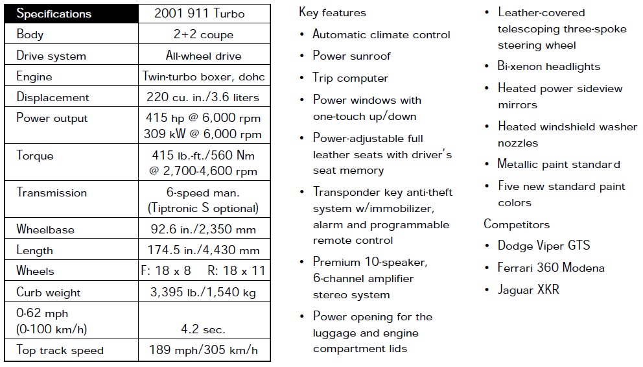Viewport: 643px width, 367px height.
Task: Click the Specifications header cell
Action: (x=54, y=14)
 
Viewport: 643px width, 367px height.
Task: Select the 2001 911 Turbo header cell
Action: (x=204, y=14)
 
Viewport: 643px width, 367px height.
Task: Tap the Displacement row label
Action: (x=53, y=97)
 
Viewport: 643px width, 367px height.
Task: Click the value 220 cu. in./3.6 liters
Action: (x=204, y=97)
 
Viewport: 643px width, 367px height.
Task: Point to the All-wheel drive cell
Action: (x=204, y=55)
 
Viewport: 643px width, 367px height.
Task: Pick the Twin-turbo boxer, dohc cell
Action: (x=204, y=77)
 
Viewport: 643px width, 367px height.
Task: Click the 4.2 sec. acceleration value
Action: (x=204, y=329)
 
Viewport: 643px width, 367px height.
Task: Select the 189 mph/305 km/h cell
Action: (x=204, y=351)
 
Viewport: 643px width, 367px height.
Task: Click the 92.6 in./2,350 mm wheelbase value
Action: (x=204, y=230)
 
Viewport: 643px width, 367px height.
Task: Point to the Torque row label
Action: (x=35, y=156)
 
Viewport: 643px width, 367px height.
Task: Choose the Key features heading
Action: (x=333, y=12)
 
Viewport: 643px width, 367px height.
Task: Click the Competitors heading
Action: (x=517, y=224)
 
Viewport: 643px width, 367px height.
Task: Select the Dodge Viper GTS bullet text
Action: (x=544, y=246)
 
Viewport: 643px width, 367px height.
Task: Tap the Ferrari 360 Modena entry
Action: (x=551, y=268)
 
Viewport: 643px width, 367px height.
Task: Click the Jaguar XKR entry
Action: (x=528, y=290)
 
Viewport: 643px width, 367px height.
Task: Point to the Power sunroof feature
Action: (x=351, y=56)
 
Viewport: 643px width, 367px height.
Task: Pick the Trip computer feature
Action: (x=350, y=78)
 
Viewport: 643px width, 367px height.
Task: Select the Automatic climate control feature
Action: (x=381, y=34)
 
